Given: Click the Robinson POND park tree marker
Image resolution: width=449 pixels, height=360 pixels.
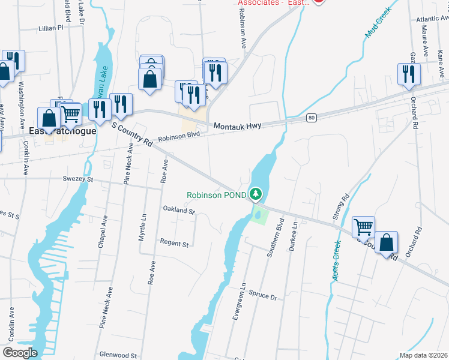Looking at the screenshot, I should click(256, 193).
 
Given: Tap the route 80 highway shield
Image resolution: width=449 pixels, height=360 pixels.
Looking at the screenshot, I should click(310, 118).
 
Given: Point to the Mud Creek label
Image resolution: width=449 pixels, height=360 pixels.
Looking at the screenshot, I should click(377, 24).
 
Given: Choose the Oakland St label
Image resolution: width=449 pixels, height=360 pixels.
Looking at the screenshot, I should click(179, 210).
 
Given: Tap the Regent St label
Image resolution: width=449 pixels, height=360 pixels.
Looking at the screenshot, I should click(174, 244).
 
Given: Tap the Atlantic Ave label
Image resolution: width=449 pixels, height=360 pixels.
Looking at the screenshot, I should click(431, 19).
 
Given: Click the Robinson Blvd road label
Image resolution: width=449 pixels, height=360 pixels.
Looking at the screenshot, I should click(178, 136).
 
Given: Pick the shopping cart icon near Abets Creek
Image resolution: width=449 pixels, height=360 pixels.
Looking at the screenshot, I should click(363, 227).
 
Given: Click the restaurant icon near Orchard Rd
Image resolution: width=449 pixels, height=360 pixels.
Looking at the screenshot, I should click(408, 74).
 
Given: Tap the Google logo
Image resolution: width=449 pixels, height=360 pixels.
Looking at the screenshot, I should click(20, 352).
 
